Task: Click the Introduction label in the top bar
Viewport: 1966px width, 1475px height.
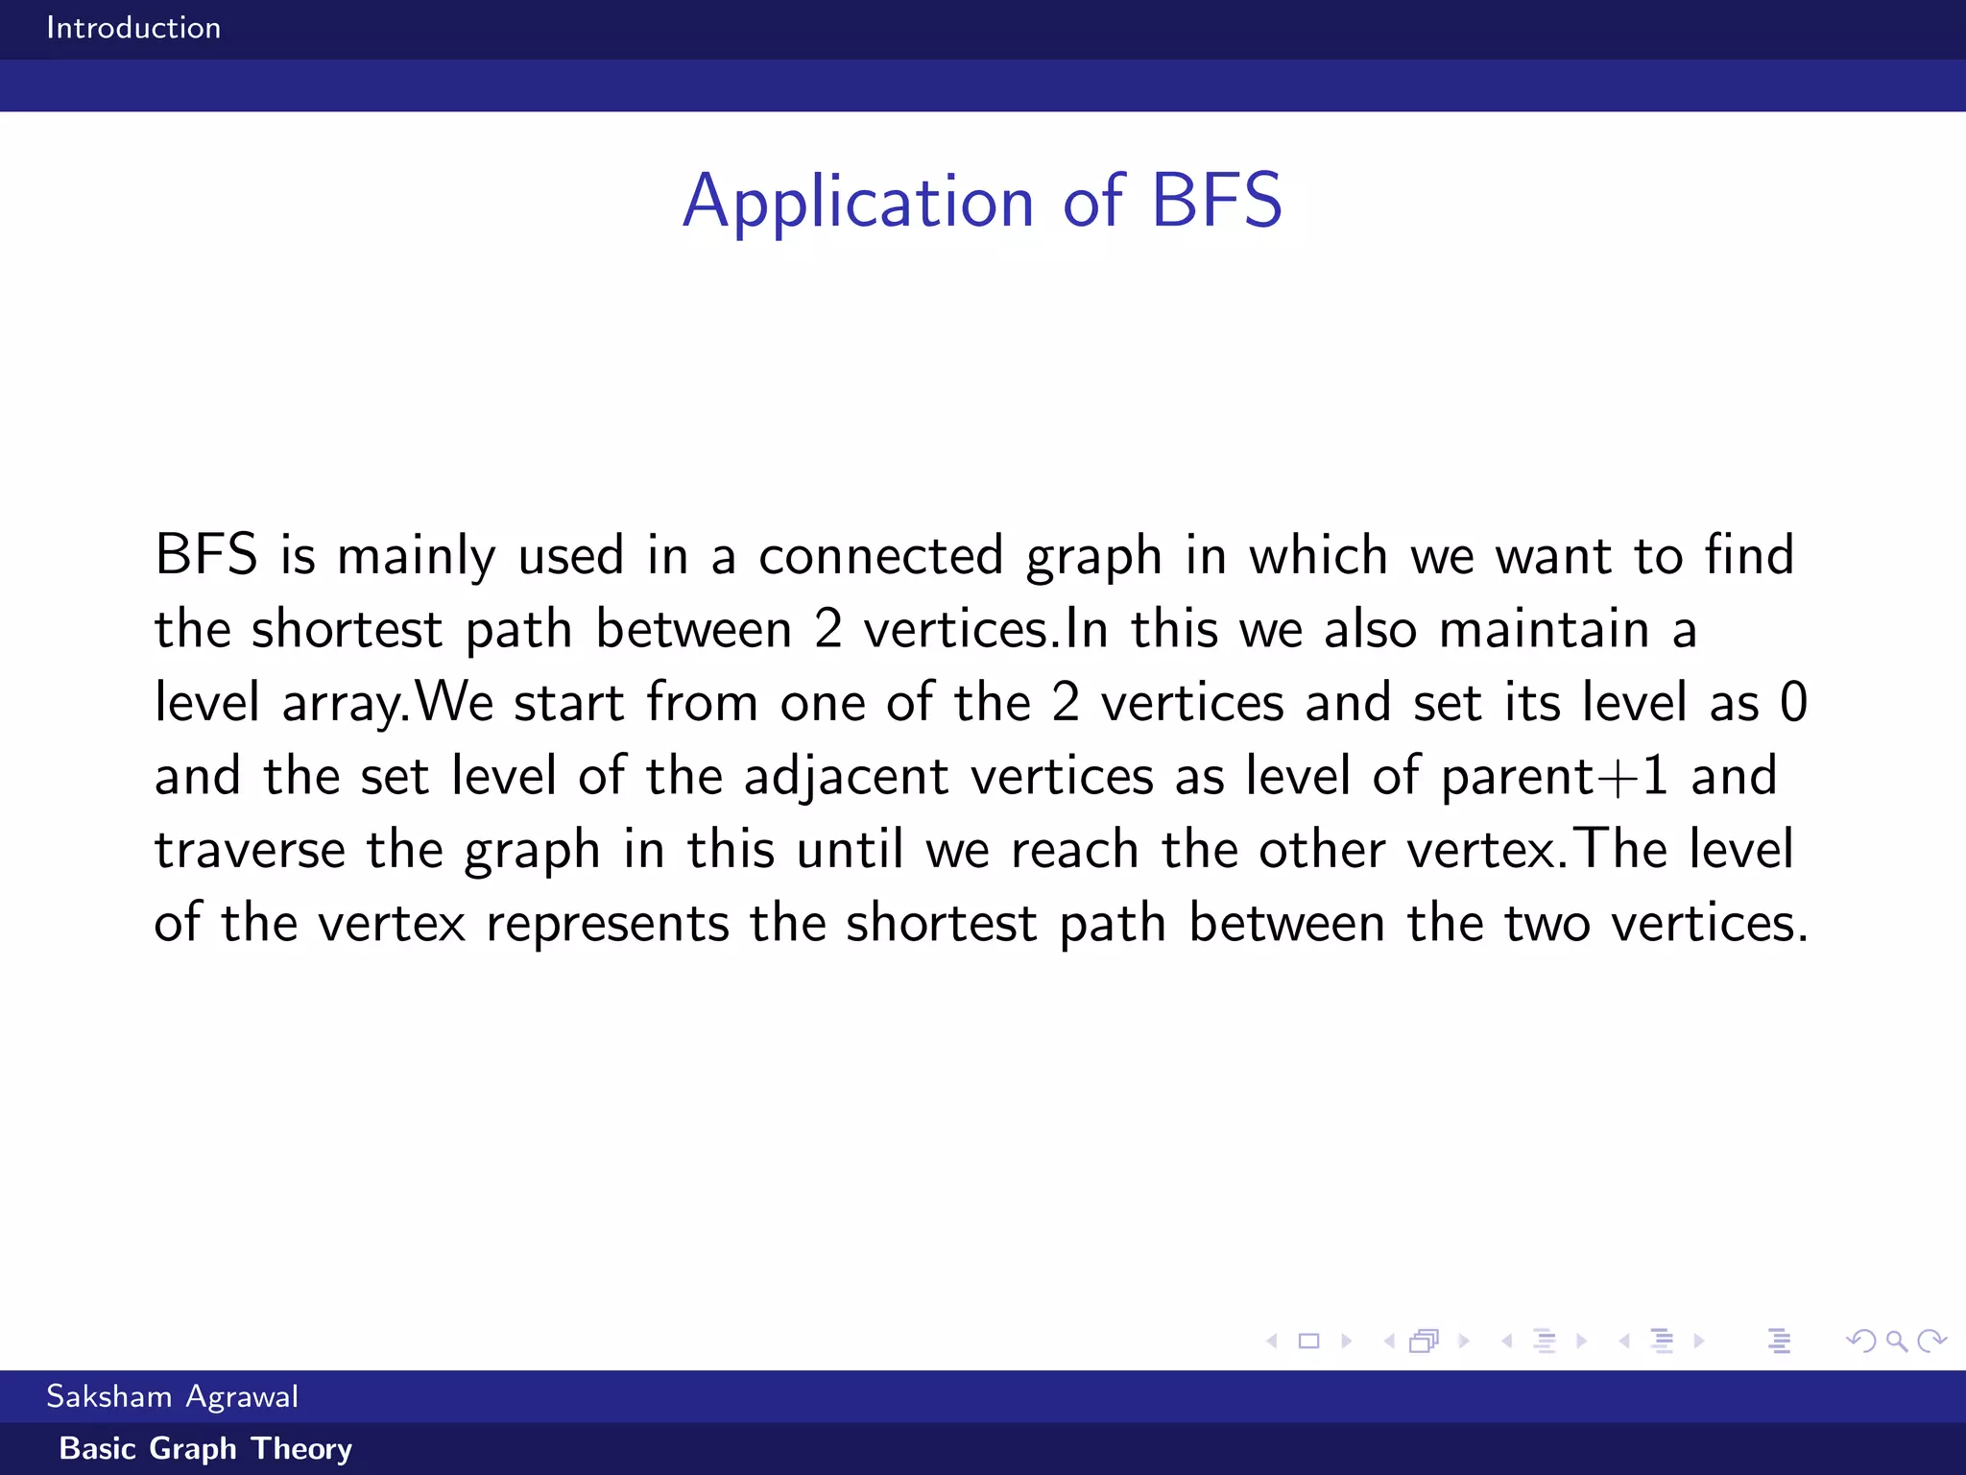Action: (133, 28)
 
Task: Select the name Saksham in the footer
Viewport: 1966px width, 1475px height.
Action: (108, 1395)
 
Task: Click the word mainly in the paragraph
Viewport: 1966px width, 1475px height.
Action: (416, 557)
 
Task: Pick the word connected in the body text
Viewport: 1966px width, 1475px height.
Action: (880, 556)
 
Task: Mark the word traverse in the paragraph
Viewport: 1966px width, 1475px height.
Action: (250, 850)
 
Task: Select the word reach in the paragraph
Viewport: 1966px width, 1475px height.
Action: (1074, 850)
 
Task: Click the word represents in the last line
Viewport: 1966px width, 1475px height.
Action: (608, 924)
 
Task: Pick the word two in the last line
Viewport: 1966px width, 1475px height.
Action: (1546, 924)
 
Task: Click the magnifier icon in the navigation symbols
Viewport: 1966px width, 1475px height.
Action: (1896, 1341)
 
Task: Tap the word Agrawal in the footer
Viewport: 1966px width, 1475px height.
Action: (242, 1397)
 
